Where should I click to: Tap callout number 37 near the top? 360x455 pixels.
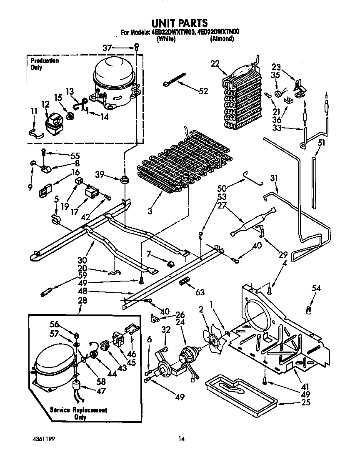[x=107, y=48]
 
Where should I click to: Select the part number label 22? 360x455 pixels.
[x=215, y=63]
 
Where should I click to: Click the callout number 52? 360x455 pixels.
[x=203, y=91]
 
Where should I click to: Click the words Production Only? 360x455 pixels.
[x=44, y=64]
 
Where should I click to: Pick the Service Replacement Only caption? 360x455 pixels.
[x=78, y=413]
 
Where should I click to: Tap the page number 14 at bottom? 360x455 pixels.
[x=181, y=438]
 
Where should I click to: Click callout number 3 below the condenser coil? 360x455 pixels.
[x=149, y=211]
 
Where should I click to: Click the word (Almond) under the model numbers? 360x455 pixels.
[x=222, y=39]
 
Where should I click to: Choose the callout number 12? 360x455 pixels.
[x=45, y=104]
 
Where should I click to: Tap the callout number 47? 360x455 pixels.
[x=100, y=391]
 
